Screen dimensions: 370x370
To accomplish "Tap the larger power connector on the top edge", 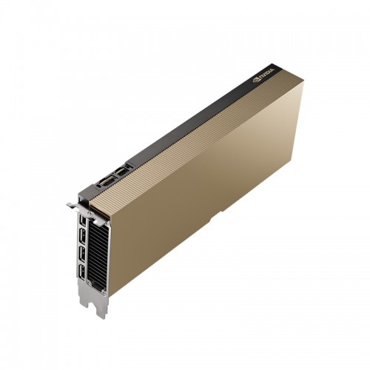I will point(107,181).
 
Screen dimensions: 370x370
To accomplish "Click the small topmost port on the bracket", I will point(82,220).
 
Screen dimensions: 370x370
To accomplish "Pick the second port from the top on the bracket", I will point(83,236).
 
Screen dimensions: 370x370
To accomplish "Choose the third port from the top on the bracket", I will point(81,254).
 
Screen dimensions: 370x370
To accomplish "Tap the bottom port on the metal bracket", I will point(81,272).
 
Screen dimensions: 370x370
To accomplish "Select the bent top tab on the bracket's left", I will point(73,205).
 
